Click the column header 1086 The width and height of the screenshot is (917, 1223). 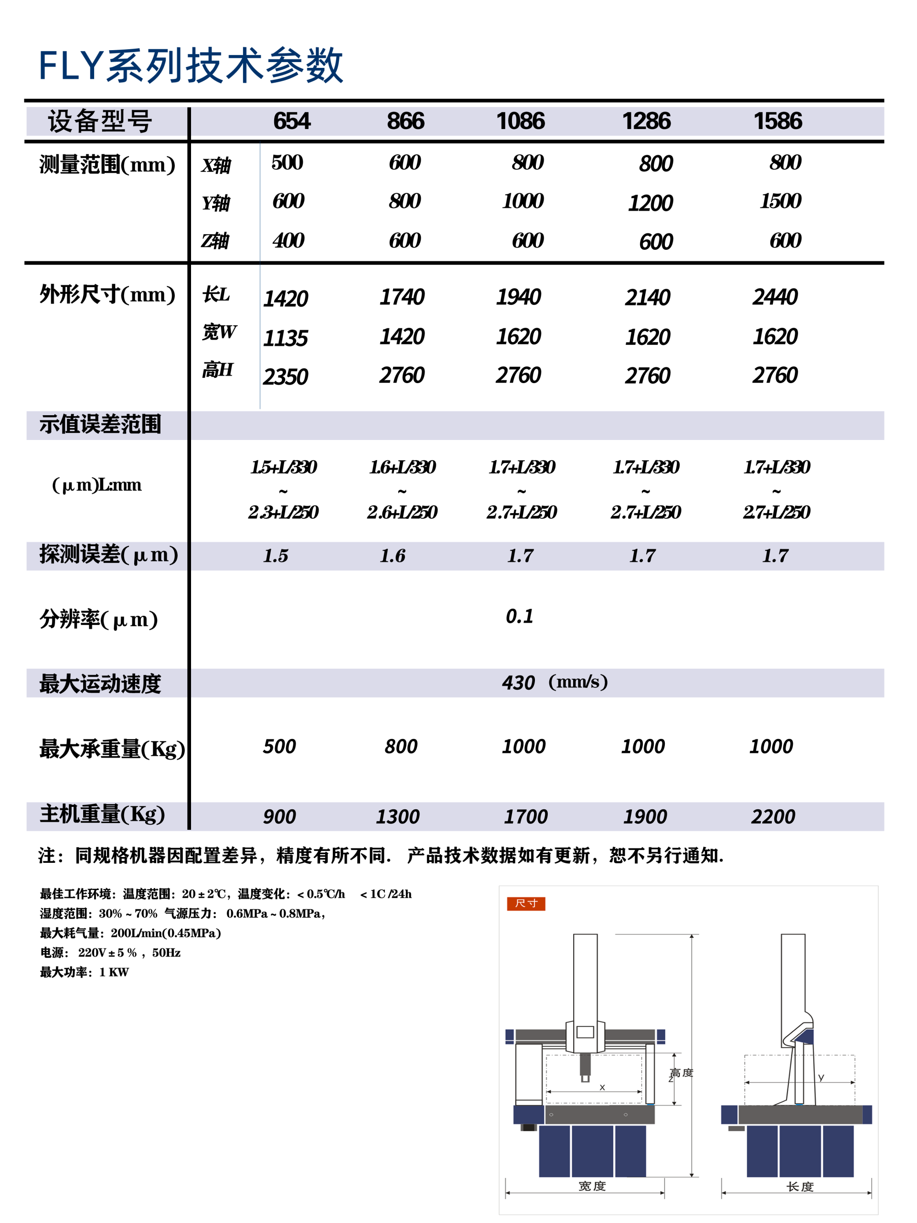click(x=520, y=121)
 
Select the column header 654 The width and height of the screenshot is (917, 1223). click(x=292, y=121)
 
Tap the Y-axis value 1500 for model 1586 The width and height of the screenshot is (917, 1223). click(x=780, y=201)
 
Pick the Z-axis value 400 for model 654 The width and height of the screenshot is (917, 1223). click(x=288, y=240)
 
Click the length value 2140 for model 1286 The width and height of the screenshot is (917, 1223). click(x=647, y=298)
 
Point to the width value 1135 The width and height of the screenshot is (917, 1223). click(x=285, y=338)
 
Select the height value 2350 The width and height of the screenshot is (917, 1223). click(x=285, y=377)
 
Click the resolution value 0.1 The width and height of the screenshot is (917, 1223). click(x=520, y=616)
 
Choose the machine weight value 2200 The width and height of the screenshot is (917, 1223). click(x=773, y=816)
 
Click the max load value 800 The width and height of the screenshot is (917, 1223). click(x=401, y=746)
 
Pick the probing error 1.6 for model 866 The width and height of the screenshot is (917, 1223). click(x=393, y=556)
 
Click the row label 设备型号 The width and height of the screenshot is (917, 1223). click(x=100, y=121)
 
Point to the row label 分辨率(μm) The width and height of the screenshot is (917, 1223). click(x=98, y=619)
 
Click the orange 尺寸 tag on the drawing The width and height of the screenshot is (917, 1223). click(x=526, y=903)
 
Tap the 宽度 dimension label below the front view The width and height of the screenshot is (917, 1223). click(x=592, y=1186)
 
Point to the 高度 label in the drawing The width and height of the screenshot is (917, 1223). click(x=681, y=1073)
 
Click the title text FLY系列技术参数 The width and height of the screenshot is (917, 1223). click(x=191, y=66)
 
